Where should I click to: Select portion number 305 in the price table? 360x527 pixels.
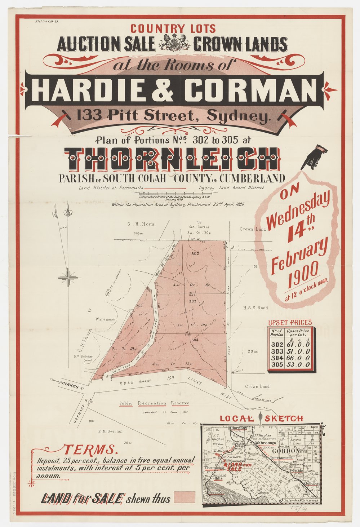(276, 365)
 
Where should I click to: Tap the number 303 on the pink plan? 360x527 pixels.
(192, 301)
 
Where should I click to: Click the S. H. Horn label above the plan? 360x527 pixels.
(141, 224)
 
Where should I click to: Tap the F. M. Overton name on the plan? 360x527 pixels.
(110, 431)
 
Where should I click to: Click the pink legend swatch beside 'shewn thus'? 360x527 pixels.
(184, 497)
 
